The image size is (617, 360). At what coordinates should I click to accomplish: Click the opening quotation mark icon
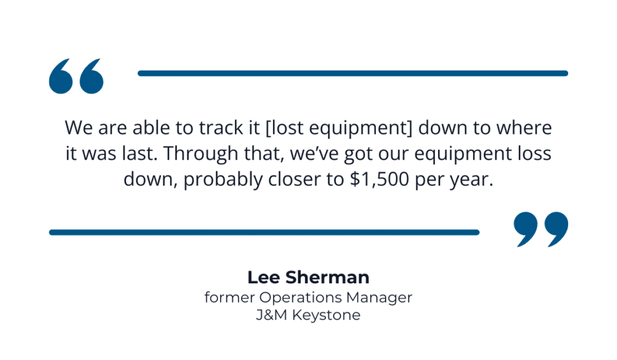tap(76, 76)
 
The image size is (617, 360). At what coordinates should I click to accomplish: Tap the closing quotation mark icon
tap(540, 229)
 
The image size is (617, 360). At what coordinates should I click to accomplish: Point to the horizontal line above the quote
tap(352, 74)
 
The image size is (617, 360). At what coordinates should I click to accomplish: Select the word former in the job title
tap(230, 297)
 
